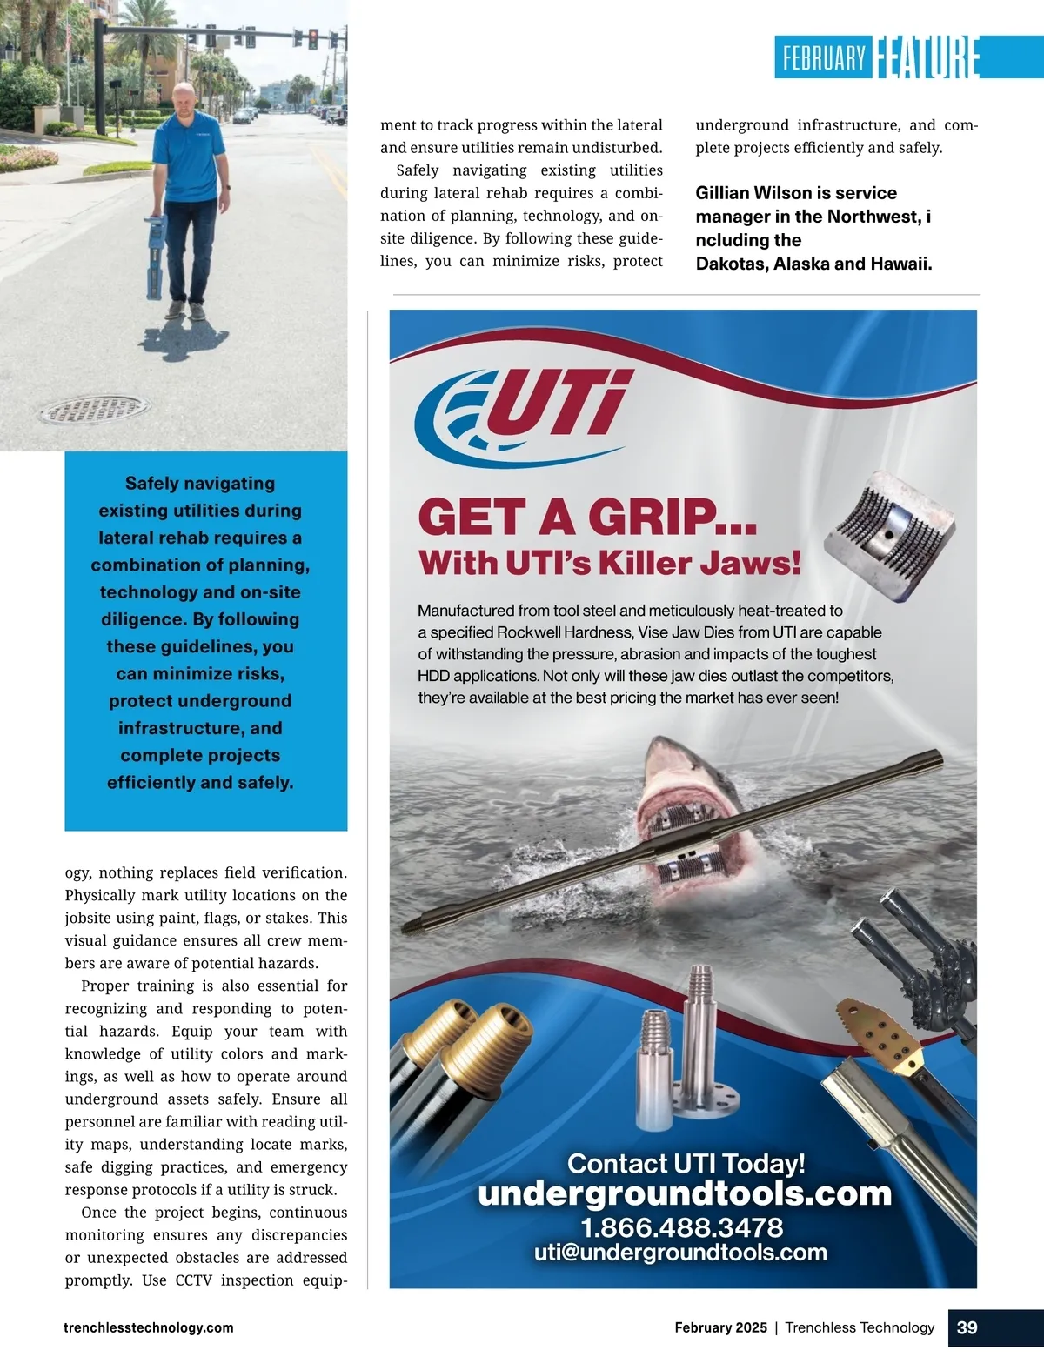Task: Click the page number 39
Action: [x=967, y=1327]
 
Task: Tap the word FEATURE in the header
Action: [x=927, y=57]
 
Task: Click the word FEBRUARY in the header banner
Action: [x=824, y=58]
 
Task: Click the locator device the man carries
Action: [x=156, y=251]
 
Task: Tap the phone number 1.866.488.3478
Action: [x=682, y=1227]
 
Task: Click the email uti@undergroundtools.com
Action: [x=680, y=1253]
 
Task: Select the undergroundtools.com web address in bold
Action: [x=685, y=1193]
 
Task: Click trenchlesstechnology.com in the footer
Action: [x=149, y=1327]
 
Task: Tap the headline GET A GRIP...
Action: [x=587, y=518]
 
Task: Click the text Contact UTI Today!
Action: [x=686, y=1163]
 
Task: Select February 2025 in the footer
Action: [x=720, y=1327]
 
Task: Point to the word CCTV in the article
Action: [x=193, y=1280]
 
